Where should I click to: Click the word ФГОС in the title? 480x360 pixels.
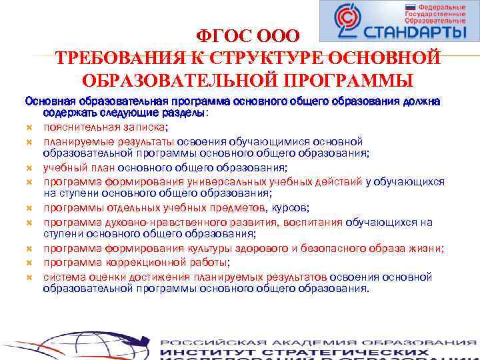221,36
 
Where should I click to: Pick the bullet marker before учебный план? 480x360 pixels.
29,168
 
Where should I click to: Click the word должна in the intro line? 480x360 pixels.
421,101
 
